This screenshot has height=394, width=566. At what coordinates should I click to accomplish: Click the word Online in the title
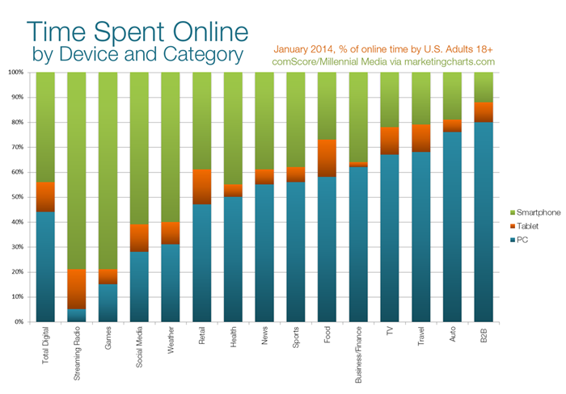(x=194, y=34)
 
